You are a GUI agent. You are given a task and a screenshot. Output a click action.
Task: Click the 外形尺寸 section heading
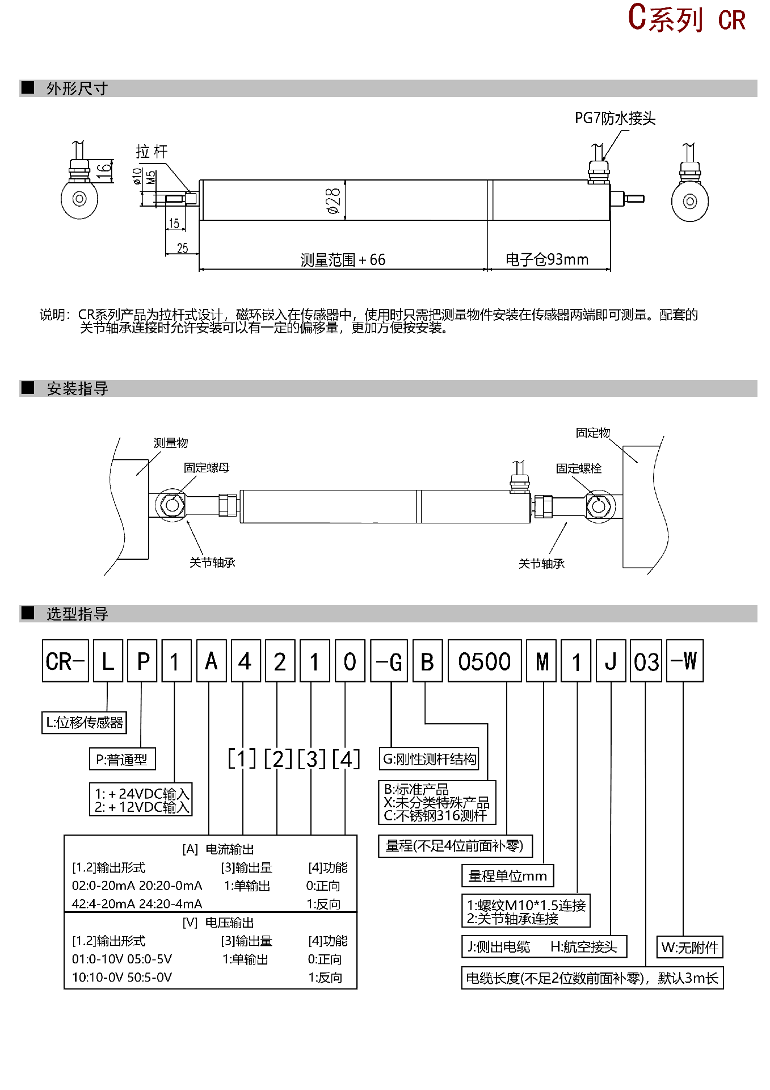[x=77, y=89]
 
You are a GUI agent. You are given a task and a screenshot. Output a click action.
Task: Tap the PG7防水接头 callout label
[x=615, y=118]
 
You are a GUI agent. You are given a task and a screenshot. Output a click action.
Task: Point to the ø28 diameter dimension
[x=333, y=200]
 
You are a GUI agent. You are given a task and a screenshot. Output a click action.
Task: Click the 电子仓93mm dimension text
[x=547, y=259]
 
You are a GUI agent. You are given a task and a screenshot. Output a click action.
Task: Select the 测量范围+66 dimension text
[x=343, y=260]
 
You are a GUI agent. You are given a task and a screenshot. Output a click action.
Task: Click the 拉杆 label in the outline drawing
[x=152, y=152]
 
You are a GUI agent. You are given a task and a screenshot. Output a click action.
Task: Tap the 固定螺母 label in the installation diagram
[x=207, y=468]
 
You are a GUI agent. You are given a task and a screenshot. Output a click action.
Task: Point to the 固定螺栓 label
[x=579, y=468]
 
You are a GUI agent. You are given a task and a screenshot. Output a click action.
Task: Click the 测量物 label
[x=171, y=443]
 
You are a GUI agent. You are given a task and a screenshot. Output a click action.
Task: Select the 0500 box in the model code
[x=485, y=661]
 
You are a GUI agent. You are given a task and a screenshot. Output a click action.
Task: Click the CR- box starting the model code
[x=65, y=661]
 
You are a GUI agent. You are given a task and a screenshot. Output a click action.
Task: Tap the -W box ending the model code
[x=684, y=661]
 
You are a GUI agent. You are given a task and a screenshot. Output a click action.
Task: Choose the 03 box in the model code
[x=646, y=661]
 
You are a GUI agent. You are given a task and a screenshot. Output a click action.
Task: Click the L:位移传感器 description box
[x=84, y=723]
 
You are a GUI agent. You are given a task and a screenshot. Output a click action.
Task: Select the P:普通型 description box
[x=122, y=760]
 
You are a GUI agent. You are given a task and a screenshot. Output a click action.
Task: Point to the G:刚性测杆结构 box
[x=430, y=759]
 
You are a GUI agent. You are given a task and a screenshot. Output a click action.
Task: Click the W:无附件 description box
[x=689, y=947]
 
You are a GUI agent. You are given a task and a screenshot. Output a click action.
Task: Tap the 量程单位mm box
[x=508, y=876]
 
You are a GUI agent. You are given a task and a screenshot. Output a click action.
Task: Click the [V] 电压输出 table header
[x=218, y=923]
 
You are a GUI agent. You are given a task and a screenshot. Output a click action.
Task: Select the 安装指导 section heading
[x=77, y=389]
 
